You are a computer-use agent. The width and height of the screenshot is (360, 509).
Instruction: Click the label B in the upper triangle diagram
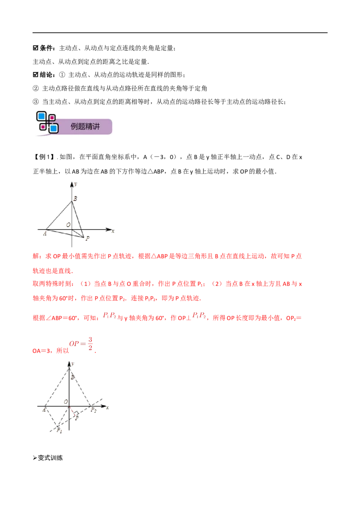pyautogui.click(x=76, y=198)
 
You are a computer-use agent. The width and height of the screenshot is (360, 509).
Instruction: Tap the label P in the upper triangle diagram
pyautogui.click(x=87, y=238)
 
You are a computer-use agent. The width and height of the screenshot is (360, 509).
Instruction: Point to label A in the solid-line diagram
pyautogui.click(x=45, y=233)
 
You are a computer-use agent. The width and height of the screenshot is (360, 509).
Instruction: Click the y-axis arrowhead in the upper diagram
pyautogui.click(x=72, y=184)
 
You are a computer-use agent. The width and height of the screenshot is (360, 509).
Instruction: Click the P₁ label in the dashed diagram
pyautogui.click(x=59, y=430)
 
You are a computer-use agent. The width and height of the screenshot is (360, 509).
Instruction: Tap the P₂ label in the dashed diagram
pyautogui.click(x=94, y=410)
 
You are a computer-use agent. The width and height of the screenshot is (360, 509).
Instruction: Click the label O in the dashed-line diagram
pyautogui.click(x=66, y=402)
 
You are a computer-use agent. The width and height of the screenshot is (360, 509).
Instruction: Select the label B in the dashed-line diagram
pyautogui.click(x=73, y=377)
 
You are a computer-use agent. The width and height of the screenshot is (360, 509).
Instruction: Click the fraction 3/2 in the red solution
pyautogui.click(x=90, y=344)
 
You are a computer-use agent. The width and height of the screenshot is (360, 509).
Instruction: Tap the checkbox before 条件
pyautogui.click(x=36, y=48)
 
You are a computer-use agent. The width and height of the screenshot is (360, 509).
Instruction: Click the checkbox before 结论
pyautogui.click(x=36, y=75)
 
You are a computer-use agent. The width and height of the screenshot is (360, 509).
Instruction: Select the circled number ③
pyautogui.click(x=36, y=102)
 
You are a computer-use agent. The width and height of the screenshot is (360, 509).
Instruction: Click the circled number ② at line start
pyautogui.click(x=36, y=88)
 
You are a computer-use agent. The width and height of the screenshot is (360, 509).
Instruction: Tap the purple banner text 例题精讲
pyautogui.click(x=85, y=126)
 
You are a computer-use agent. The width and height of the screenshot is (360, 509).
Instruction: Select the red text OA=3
pyautogui.click(x=41, y=351)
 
